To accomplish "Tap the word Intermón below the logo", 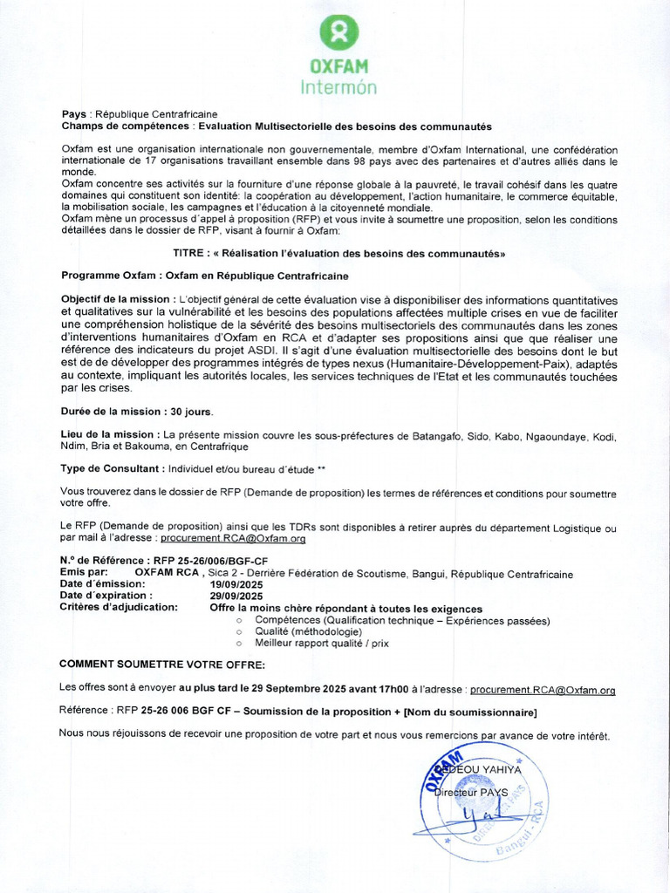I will [339, 87].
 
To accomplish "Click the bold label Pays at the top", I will [74, 114].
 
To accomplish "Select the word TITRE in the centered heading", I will [191, 253].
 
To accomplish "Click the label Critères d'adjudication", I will [119, 608].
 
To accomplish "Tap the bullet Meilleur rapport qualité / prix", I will [322, 643].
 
